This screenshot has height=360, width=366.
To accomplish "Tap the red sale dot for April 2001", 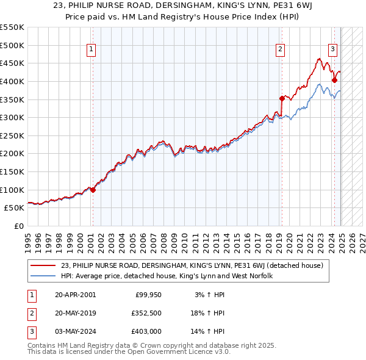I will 93,190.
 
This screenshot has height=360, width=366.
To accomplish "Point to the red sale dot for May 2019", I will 282,98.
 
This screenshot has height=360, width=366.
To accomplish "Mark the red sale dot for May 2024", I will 334,80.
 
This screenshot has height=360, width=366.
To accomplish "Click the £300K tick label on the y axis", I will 12,117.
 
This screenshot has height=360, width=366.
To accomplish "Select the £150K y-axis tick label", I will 12,171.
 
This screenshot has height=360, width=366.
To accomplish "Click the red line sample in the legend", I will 43,265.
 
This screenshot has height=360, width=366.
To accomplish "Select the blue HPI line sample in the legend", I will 43,276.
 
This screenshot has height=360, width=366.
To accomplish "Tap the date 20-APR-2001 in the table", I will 75,295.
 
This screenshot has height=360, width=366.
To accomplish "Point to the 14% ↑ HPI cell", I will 209,333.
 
